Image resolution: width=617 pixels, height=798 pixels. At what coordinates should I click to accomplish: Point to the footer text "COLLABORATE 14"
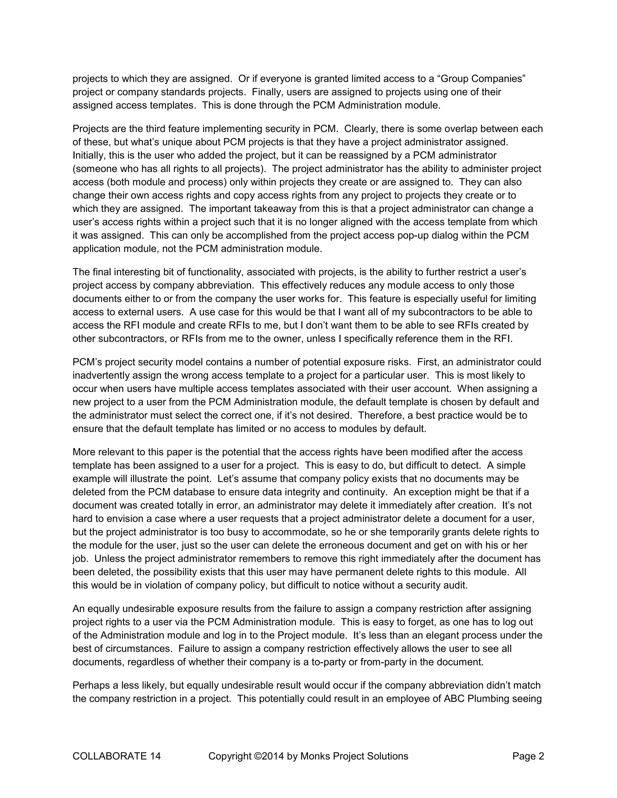(117, 756)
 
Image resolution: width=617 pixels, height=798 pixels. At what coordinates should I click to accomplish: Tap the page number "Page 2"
(528, 756)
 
